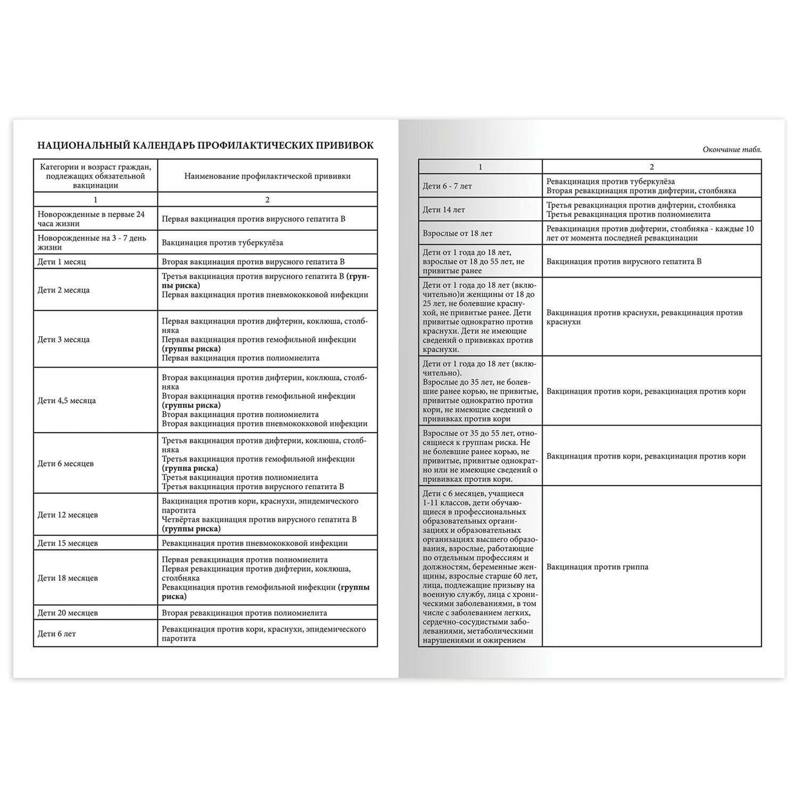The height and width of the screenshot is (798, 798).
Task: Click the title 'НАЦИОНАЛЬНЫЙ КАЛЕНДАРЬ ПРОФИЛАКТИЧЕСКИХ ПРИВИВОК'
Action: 205,145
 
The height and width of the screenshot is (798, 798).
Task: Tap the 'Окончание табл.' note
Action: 732,149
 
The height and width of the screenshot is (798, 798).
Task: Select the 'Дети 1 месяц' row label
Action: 62,262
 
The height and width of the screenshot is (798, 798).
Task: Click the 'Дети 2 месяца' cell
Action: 64,290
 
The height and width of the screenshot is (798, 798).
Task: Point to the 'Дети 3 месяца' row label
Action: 64,339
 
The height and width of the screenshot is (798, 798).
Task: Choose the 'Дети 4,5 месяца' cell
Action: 67,401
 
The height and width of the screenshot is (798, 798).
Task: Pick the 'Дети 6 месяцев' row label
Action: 66,463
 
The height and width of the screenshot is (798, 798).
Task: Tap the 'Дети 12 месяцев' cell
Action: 68,515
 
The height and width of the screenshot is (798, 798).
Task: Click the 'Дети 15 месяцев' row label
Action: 68,543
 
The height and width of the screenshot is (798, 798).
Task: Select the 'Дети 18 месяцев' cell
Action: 68,578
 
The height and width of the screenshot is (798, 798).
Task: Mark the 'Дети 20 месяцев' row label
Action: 68,613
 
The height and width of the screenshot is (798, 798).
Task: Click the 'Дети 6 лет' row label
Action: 57,634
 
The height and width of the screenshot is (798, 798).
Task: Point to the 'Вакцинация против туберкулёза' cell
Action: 222,243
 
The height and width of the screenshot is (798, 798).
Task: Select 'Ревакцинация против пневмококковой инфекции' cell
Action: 255,543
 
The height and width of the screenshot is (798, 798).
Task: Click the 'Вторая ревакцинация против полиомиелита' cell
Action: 245,613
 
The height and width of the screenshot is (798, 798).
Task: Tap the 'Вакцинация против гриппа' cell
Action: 597,567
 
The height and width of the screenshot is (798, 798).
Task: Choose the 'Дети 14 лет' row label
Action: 444,210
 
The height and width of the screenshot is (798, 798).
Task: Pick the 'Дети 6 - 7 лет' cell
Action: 447,186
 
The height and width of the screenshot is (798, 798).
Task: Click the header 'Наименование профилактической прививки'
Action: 268,176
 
